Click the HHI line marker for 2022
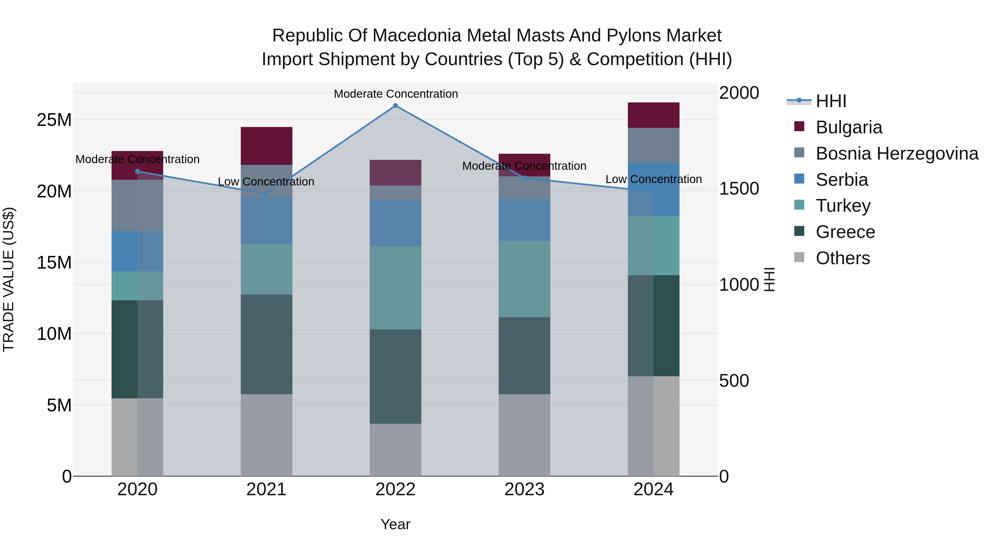pos(395,106)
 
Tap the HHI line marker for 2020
pos(138,171)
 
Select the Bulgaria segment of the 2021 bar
pos(266,146)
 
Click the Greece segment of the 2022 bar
pos(395,376)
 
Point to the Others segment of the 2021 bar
pos(266,435)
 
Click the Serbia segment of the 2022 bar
pos(395,223)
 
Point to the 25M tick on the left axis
pos(54,120)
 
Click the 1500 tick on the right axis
pos(739,189)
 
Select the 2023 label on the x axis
pos(524,489)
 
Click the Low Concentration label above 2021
pos(266,182)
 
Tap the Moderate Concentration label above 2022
pos(395,94)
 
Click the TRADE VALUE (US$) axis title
pos(9,279)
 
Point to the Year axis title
pos(395,524)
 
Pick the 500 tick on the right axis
pos(734,380)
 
